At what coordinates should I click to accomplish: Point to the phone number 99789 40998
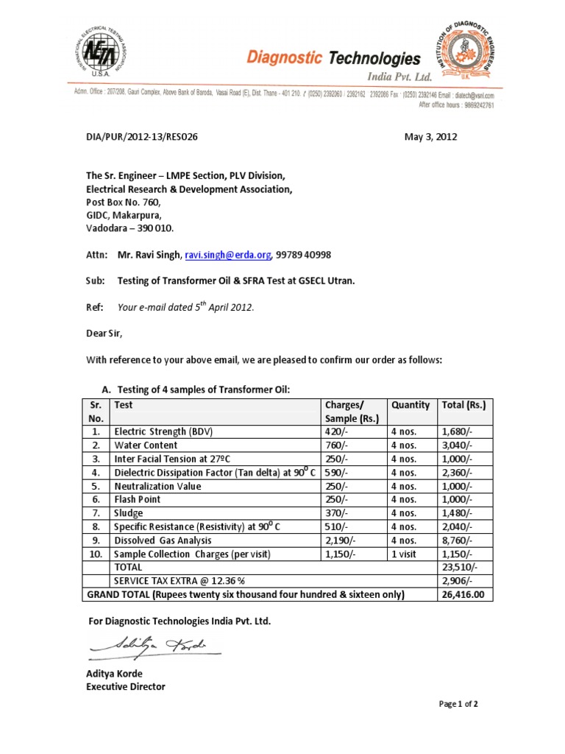click(x=304, y=255)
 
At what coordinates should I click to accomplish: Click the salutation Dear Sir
click(x=104, y=333)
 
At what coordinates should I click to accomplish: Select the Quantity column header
click(x=411, y=405)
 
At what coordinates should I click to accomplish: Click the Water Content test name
click(x=145, y=445)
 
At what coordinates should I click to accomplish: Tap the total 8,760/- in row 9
click(x=457, y=540)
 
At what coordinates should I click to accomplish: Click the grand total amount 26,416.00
click(x=463, y=594)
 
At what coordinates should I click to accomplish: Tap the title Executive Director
click(x=126, y=686)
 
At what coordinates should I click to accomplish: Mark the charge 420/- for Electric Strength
click(x=336, y=432)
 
